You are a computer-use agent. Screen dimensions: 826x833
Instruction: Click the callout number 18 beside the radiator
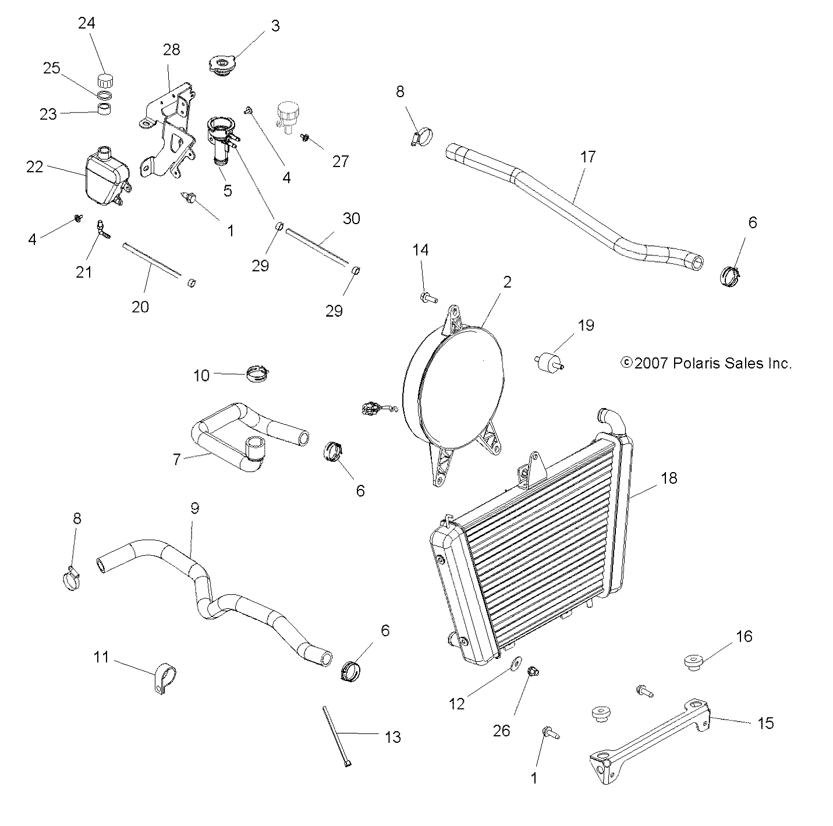[669, 478]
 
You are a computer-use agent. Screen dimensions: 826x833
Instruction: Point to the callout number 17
[588, 157]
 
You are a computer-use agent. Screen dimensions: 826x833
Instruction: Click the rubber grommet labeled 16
[693, 662]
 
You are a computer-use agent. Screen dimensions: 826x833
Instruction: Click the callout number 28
[172, 49]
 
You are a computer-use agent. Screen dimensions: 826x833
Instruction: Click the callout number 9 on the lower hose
[194, 508]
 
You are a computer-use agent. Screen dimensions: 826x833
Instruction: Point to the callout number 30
[351, 219]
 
